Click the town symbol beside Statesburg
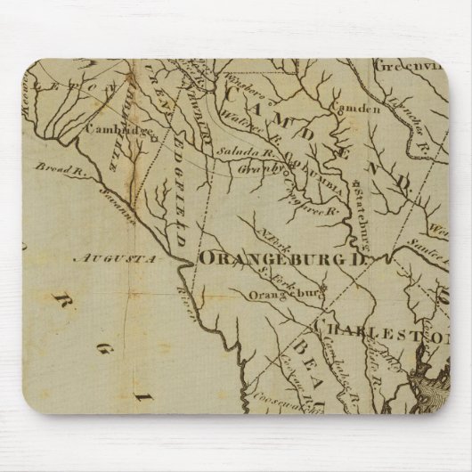tap(354, 191)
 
